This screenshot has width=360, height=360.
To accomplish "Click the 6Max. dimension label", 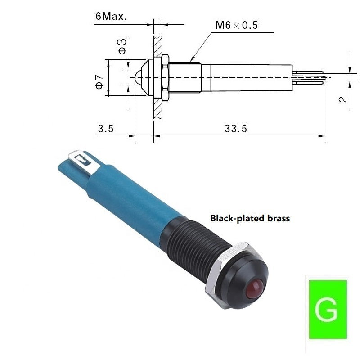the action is pos(111,16).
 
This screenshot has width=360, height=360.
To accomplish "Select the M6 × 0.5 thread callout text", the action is pos(237,25).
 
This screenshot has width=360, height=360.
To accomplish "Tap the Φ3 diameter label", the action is pos(122,46).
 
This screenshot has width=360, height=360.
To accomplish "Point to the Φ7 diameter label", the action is pos(99,82).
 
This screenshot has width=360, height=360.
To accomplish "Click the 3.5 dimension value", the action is pos(106,129).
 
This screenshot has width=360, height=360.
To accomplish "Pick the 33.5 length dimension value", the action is pos(236,129).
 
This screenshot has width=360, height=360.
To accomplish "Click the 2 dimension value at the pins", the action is pos(342,99).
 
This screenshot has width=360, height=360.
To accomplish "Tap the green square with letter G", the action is pos(328,309).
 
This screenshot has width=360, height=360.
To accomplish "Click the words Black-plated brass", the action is pos(250,218).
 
